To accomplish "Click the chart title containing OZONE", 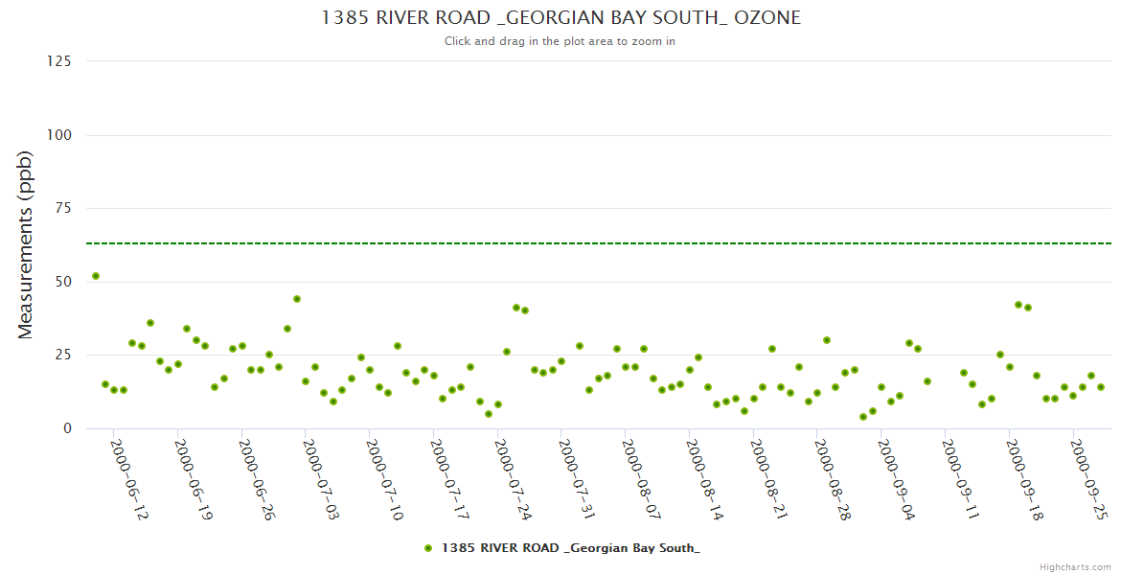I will pyautogui.click(x=560, y=17).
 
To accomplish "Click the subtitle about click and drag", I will pyautogui.click(x=560, y=41).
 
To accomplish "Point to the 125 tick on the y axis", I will pyautogui.click(x=59, y=61).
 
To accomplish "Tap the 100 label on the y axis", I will pyautogui.click(x=59, y=135).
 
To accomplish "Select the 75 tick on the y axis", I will pyautogui.click(x=63, y=208).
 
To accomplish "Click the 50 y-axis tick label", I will pyautogui.click(x=63, y=282).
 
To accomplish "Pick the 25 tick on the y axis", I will pyautogui.click(x=63, y=356).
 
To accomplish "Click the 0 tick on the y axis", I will pyautogui.click(x=67, y=428).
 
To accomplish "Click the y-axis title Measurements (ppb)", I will pyautogui.click(x=26, y=245).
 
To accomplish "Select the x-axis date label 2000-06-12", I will pyautogui.click(x=129, y=479).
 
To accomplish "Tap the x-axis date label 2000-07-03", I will pyautogui.click(x=321, y=479).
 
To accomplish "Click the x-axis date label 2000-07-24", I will pyautogui.click(x=513, y=479).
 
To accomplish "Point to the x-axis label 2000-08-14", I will pyautogui.click(x=704, y=479).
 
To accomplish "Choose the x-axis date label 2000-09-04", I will pyautogui.click(x=896, y=479).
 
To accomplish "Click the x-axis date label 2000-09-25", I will pyautogui.click(x=1087, y=479).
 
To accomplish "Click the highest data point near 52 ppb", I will pyautogui.click(x=96, y=276).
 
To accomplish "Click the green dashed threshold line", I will pyautogui.click(x=575, y=243).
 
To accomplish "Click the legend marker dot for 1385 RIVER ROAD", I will pyautogui.click(x=428, y=548).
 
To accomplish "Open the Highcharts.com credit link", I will pyautogui.click(x=1075, y=567).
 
